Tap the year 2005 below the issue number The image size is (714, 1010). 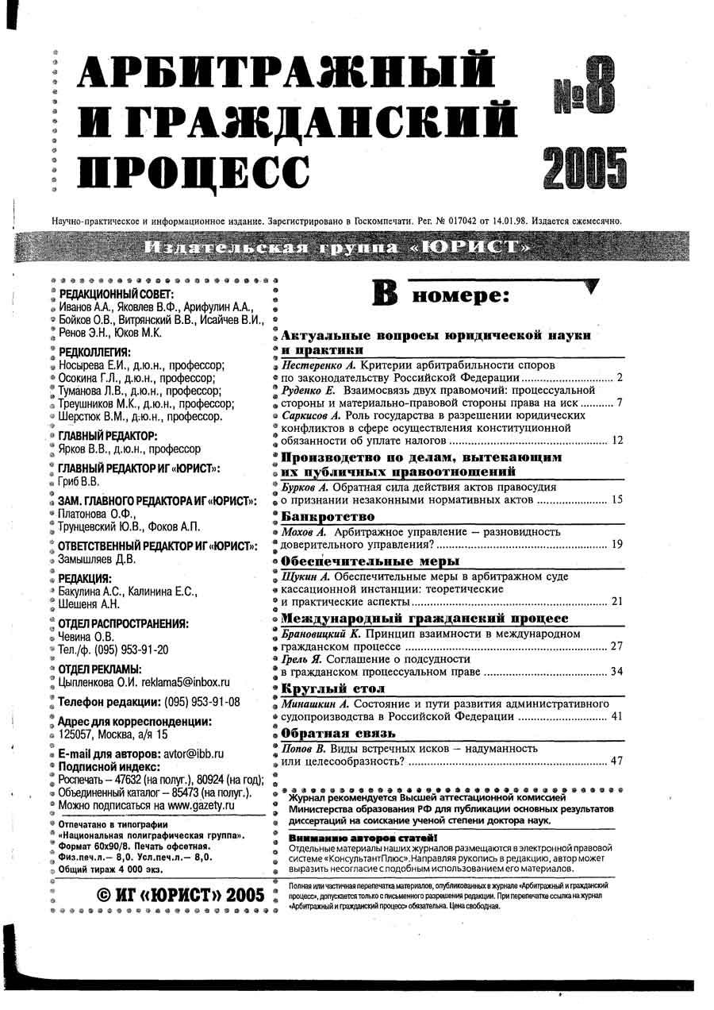pos(585,168)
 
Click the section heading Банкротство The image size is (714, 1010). pos(322,516)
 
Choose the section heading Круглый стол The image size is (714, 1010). pos(322,688)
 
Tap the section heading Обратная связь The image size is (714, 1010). pos(327,733)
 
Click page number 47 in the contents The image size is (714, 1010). pos(616,761)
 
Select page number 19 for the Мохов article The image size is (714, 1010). pos(616,545)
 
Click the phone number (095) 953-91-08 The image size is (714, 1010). pos(202,702)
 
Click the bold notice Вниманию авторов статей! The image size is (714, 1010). pos(363,838)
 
